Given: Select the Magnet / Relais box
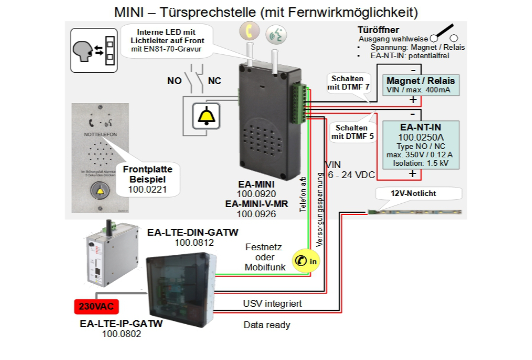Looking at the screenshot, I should click(420, 85).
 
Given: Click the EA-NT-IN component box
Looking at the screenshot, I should click(419, 144).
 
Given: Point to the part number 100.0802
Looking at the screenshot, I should click(122, 334).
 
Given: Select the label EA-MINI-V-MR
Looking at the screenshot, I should click(256, 204).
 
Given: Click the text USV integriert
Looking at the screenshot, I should click(273, 303).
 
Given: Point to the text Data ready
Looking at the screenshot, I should click(267, 325).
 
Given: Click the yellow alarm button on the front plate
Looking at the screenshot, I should click(101, 191).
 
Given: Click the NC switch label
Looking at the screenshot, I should click(214, 81).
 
